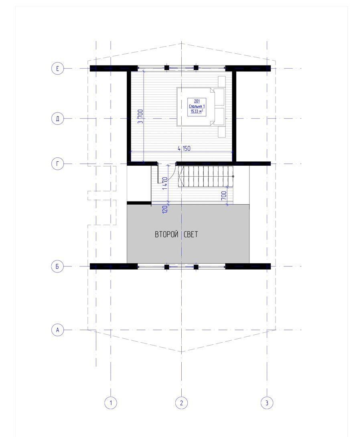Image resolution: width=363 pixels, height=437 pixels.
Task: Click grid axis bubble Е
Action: (x=58, y=68)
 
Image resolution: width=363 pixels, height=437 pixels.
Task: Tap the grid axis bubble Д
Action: (x=58, y=119)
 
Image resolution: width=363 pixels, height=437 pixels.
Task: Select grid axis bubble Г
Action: (x=58, y=164)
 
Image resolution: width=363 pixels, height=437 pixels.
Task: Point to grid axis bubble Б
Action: (x=58, y=266)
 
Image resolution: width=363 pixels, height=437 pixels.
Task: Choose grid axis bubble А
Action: (x=58, y=330)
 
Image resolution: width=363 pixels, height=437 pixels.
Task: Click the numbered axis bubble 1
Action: (x=111, y=403)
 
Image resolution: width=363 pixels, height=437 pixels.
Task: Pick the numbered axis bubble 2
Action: (x=182, y=403)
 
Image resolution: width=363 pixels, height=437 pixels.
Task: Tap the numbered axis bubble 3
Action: (x=267, y=403)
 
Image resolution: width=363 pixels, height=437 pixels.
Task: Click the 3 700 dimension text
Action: (x=141, y=116)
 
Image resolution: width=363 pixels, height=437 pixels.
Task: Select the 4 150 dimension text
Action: (x=184, y=148)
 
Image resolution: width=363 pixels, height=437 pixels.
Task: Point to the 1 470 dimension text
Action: (x=165, y=183)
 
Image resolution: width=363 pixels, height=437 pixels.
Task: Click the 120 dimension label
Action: (x=165, y=209)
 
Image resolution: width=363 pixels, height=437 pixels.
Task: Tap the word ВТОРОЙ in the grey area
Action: (x=166, y=234)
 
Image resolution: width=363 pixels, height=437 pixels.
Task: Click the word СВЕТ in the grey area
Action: (x=191, y=234)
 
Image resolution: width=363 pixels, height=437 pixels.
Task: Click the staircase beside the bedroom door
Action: (x=205, y=177)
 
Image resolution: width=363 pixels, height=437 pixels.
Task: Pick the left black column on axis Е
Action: (x=166, y=68)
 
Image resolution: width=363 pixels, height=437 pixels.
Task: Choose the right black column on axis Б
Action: (x=196, y=267)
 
